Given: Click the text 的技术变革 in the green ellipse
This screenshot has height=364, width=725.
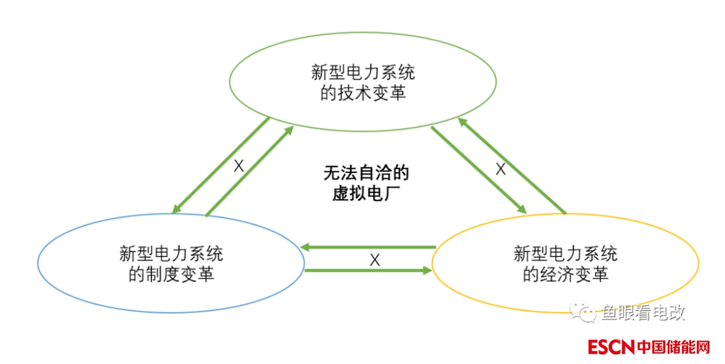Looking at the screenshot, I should coord(363,93).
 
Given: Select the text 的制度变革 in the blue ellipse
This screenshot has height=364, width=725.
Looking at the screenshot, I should coord(171,273).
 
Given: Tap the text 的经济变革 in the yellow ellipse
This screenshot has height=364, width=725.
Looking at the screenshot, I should coord(565,273).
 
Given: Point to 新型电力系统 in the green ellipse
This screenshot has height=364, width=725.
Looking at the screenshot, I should coord(363,72).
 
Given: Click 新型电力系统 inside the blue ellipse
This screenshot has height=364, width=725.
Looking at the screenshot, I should coord(171,254).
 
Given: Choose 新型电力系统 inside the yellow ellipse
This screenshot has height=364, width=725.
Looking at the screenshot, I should coord(565,254).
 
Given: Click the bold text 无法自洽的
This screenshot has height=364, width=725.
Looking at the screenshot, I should coord(366,174).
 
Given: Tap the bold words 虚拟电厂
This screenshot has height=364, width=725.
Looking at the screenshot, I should coord(366,194).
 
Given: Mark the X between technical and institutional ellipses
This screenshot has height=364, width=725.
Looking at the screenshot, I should coord(239,166).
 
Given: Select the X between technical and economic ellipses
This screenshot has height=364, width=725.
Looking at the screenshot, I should coord(500,169).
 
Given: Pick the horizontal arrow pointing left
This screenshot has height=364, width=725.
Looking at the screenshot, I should coord(368,248).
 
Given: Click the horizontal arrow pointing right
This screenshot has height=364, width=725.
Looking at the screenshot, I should coord(368,270).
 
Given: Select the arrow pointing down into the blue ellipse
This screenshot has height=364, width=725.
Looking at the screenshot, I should coord(221,165).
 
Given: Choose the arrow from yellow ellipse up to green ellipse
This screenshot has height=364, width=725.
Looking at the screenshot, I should coord(512,165).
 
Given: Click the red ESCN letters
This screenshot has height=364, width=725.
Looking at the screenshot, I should coord(611,347).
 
